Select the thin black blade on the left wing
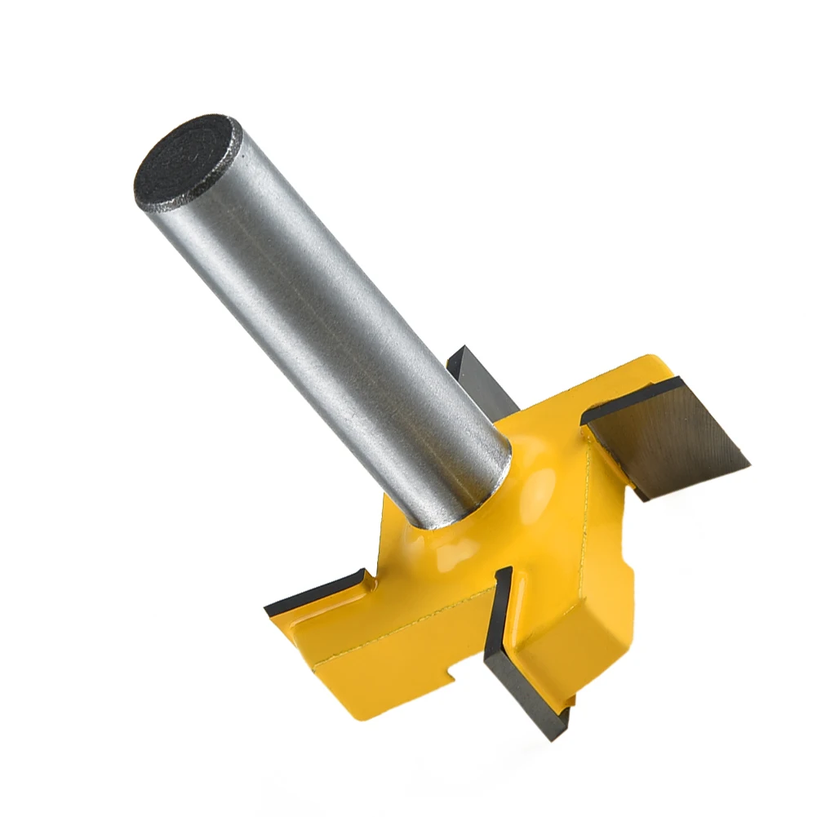pos(314,593)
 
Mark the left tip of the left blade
pos(268,609)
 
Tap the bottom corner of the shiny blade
pos(645,497)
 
